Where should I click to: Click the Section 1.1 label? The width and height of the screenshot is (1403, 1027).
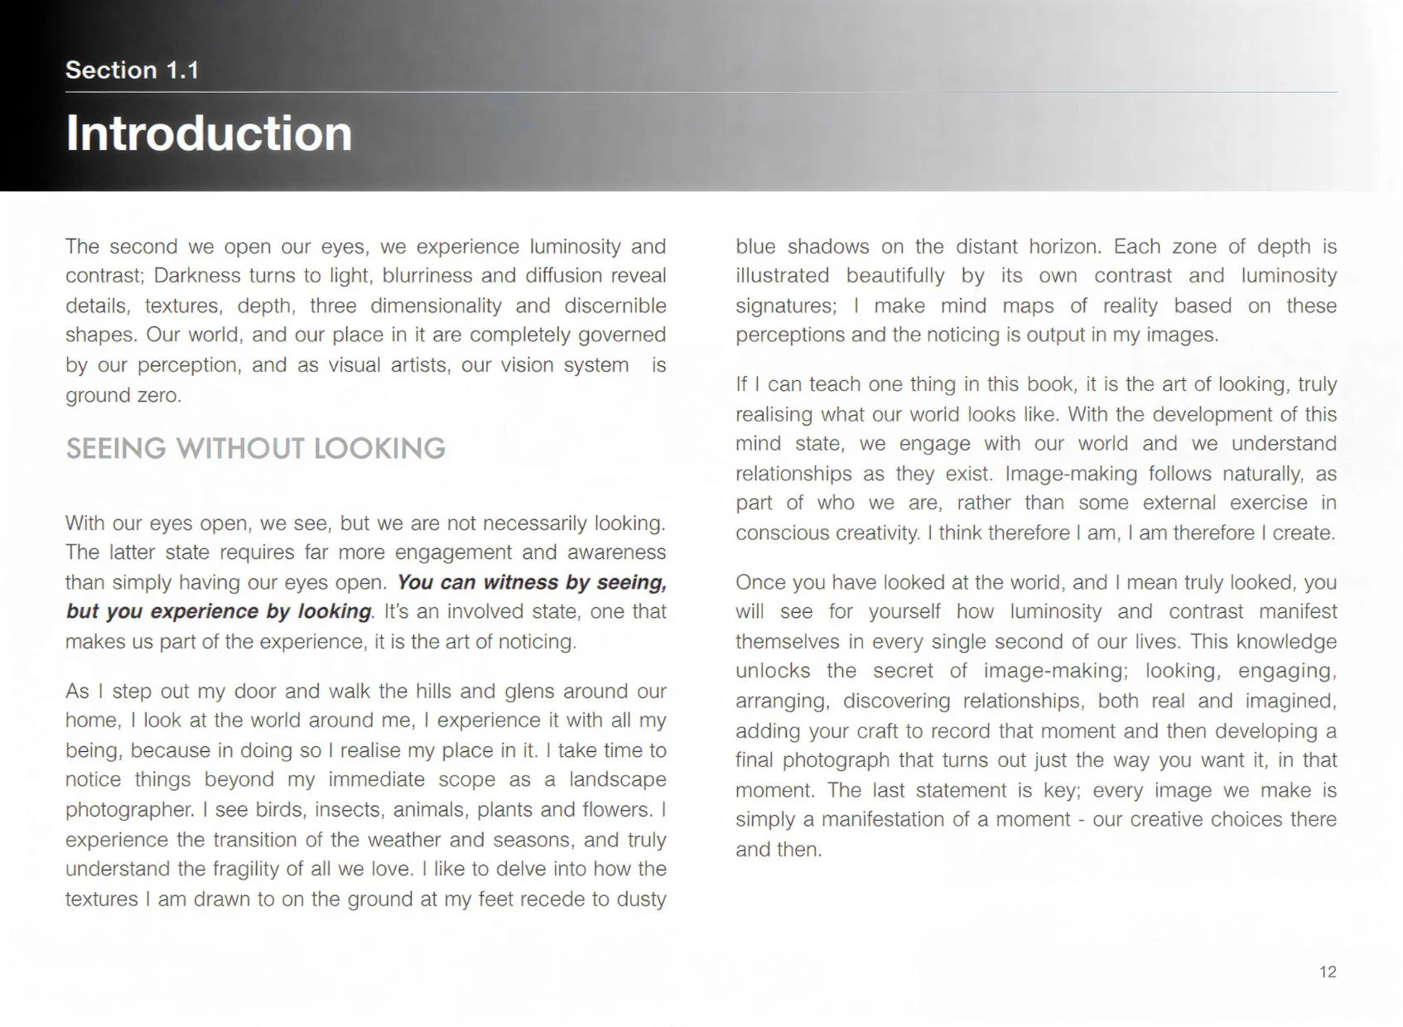pyautogui.click(x=132, y=70)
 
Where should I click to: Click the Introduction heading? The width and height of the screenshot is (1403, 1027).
pyautogui.click(x=209, y=133)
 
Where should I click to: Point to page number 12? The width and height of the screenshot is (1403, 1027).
pyautogui.click(x=1327, y=972)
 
